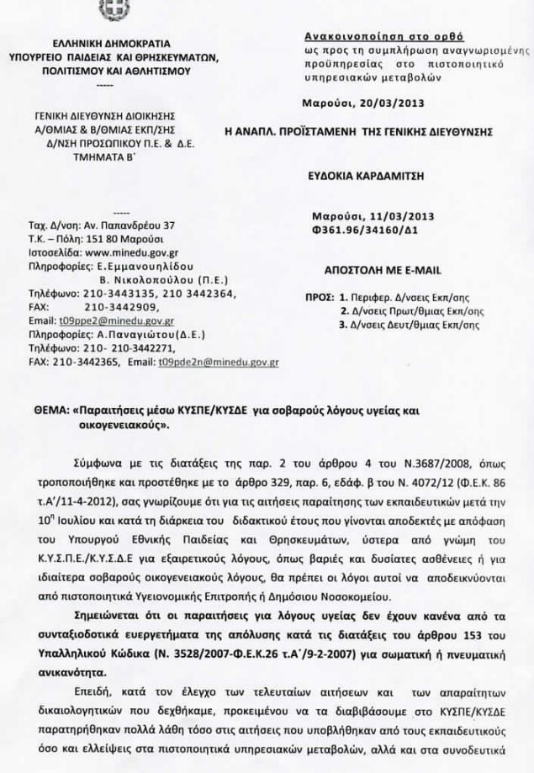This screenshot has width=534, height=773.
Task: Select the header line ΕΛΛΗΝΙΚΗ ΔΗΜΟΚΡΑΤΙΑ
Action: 112,42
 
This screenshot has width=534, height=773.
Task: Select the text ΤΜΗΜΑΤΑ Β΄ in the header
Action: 112,156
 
